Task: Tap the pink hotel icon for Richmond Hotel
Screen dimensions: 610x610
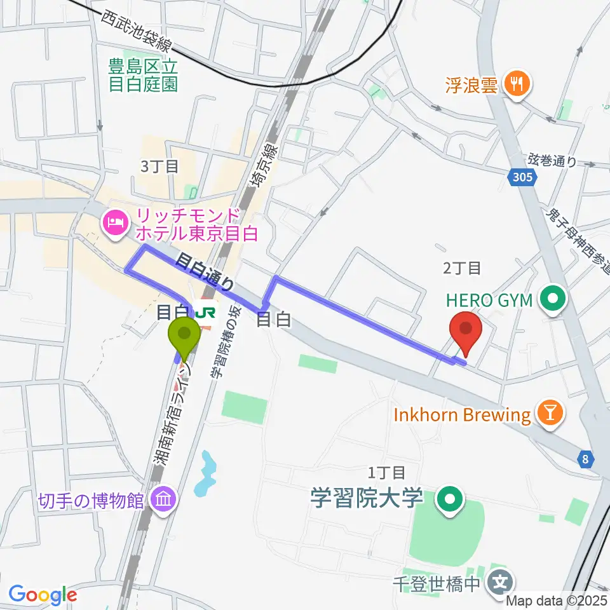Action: [x=115, y=222]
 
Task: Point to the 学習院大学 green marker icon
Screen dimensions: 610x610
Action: [x=450, y=499]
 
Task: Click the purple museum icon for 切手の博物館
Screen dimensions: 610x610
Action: [x=163, y=501]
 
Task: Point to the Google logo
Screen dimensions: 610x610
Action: [x=43, y=595]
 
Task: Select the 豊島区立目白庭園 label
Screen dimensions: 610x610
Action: [x=143, y=74]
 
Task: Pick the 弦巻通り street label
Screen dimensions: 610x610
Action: [x=552, y=161]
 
